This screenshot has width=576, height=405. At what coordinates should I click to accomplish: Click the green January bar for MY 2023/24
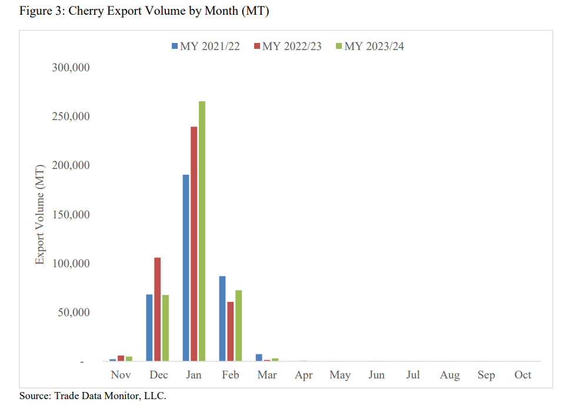click(x=202, y=231)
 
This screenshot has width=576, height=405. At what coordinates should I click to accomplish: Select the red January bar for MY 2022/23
click(x=194, y=244)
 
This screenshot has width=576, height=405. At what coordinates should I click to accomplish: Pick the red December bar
click(x=157, y=309)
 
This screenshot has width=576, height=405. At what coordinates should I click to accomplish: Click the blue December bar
click(x=149, y=327)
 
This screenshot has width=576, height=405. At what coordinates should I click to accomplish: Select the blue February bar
click(x=222, y=318)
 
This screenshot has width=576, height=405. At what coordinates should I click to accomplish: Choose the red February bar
click(x=230, y=331)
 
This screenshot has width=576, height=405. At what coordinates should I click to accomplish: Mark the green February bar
click(x=238, y=326)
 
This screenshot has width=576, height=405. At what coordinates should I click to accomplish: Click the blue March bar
click(x=259, y=357)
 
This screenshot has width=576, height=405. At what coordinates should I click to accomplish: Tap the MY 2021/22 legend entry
click(x=206, y=47)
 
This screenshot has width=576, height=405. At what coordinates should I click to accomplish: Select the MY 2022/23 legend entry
click(x=288, y=47)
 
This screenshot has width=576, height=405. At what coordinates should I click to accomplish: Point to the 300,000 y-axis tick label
click(x=70, y=67)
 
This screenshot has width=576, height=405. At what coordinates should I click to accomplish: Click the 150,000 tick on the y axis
click(x=70, y=214)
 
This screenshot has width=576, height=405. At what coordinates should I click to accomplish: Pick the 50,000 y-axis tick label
click(x=73, y=312)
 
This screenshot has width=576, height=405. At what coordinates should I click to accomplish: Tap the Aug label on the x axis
click(x=450, y=375)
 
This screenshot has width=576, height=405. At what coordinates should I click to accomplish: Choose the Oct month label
click(x=522, y=375)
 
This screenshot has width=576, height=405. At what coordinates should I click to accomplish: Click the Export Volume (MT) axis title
click(x=40, y=214)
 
